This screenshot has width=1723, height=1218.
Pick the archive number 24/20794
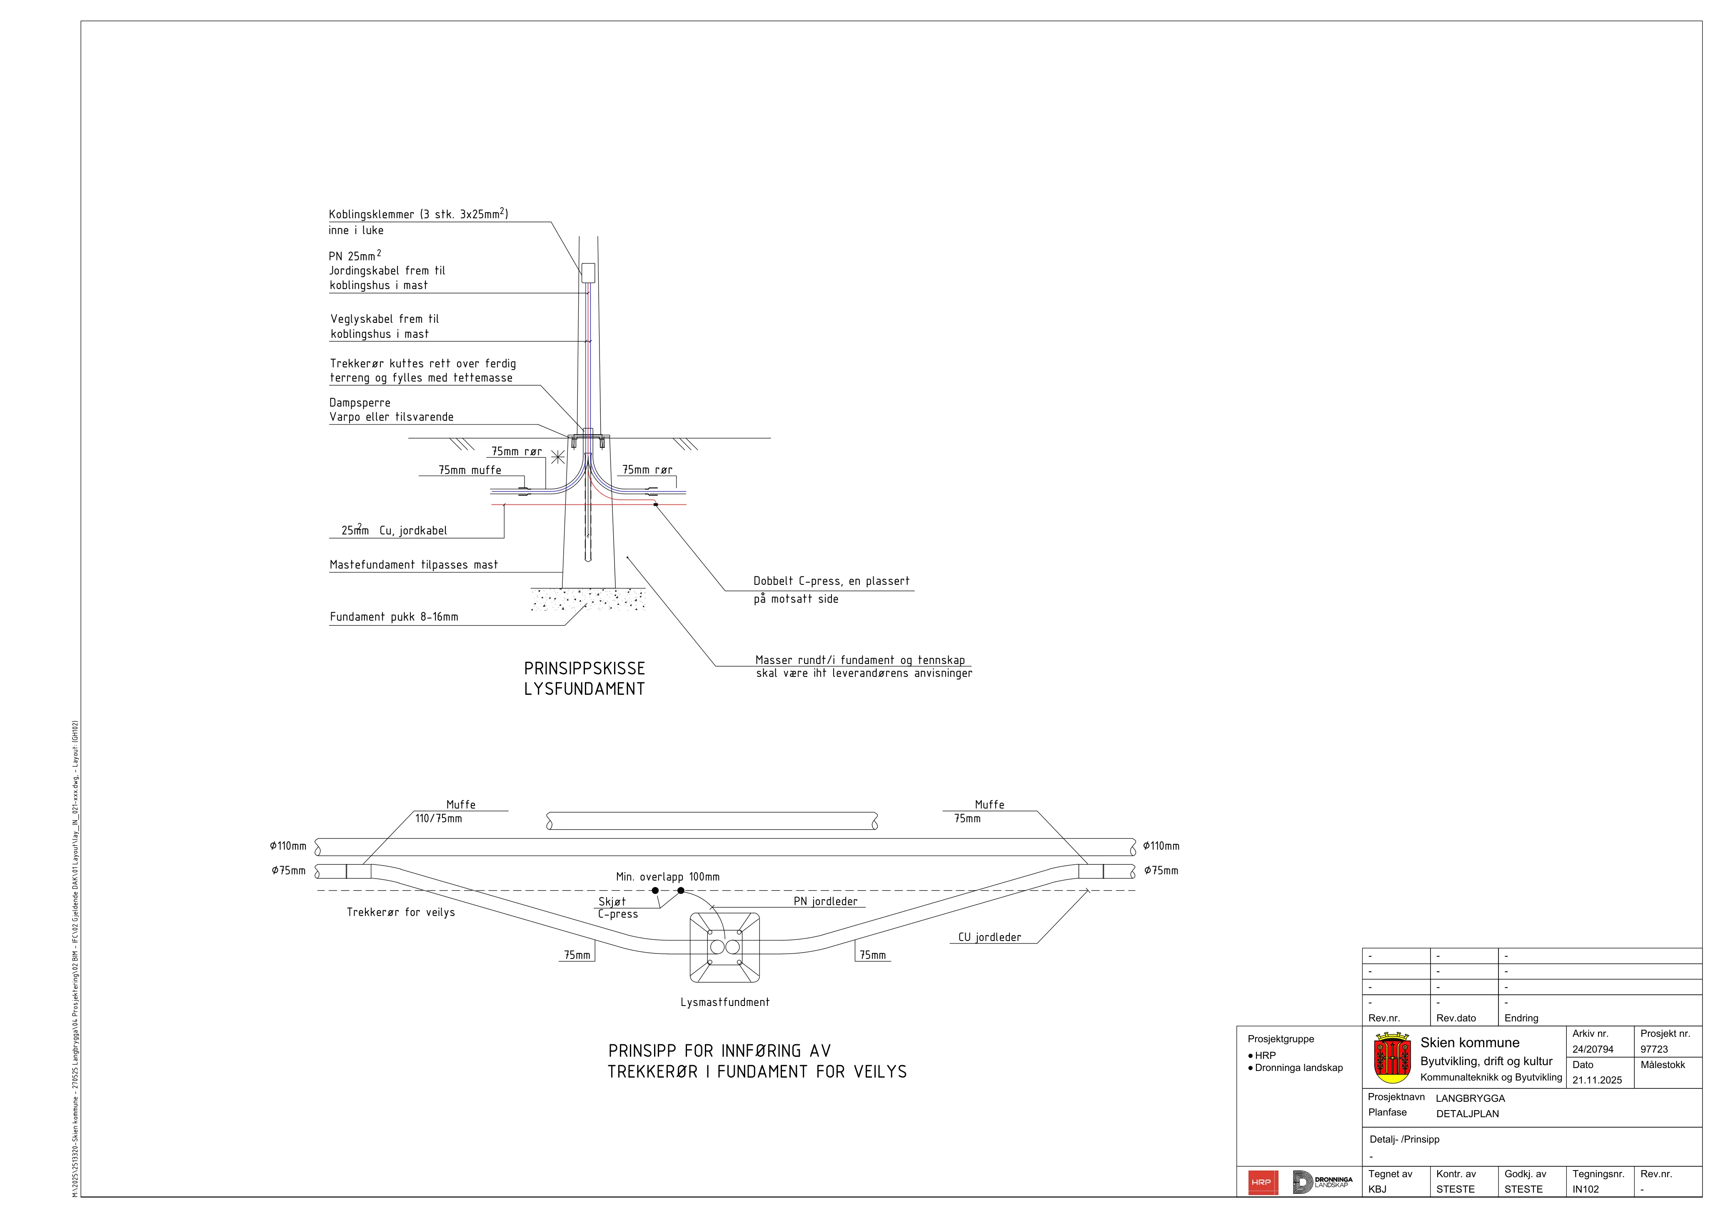[1593, 1049]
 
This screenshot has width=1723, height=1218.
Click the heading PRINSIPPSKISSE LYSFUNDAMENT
[584, 679]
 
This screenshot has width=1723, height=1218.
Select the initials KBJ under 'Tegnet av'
[1377, 1190]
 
